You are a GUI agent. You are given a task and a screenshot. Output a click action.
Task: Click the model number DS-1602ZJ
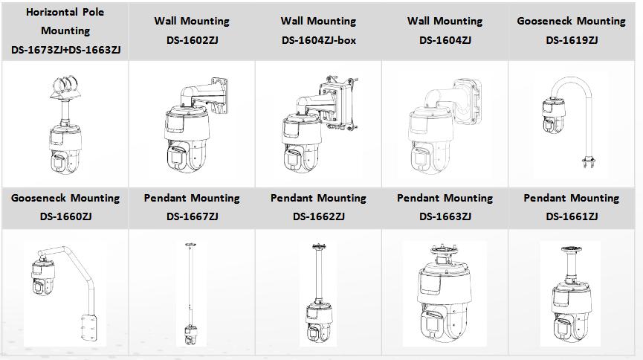(192, 40)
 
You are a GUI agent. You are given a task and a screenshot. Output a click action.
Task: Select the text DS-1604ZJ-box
(319, 40)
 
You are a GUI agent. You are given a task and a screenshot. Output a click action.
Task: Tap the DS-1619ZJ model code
(572, 40)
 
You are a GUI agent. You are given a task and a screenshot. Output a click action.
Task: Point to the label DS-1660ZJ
(65, 216)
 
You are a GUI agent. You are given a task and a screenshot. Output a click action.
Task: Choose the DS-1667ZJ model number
(192, 216)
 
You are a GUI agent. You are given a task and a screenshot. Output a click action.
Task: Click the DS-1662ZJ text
(319, 216)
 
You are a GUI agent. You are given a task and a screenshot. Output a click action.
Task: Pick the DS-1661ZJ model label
(572, 216)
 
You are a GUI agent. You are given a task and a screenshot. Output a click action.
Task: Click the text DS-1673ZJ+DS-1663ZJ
(65, 50)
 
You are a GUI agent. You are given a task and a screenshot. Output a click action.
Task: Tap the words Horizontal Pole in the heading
(65, 12)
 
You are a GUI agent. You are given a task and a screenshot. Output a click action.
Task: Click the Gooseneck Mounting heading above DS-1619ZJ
(571, 21)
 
